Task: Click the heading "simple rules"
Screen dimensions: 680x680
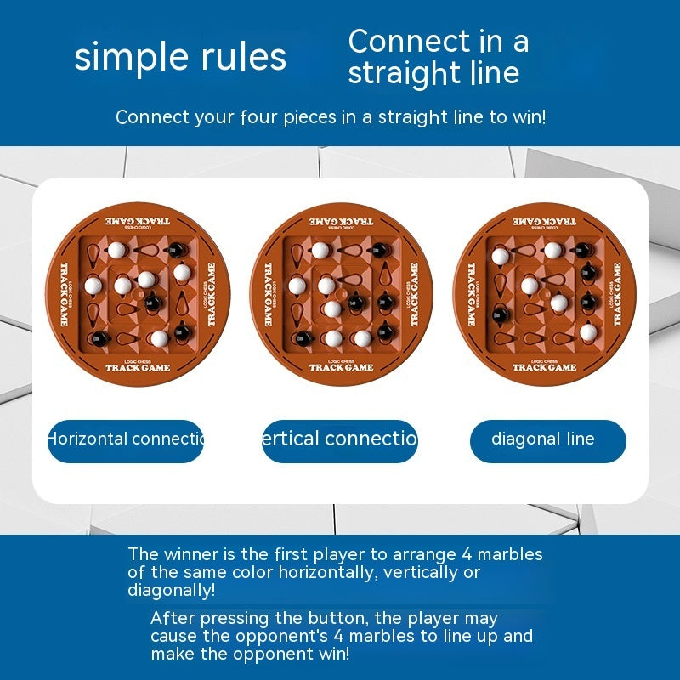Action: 180,57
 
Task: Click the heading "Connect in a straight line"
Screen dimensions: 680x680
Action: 437,56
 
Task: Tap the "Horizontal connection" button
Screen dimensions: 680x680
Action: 126,440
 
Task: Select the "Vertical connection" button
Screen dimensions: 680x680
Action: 340,440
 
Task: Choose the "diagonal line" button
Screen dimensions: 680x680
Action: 547,440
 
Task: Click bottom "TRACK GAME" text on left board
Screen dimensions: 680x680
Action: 138,368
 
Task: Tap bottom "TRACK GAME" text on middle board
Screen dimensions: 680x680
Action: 341,367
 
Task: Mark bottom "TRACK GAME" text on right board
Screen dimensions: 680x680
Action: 544,367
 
